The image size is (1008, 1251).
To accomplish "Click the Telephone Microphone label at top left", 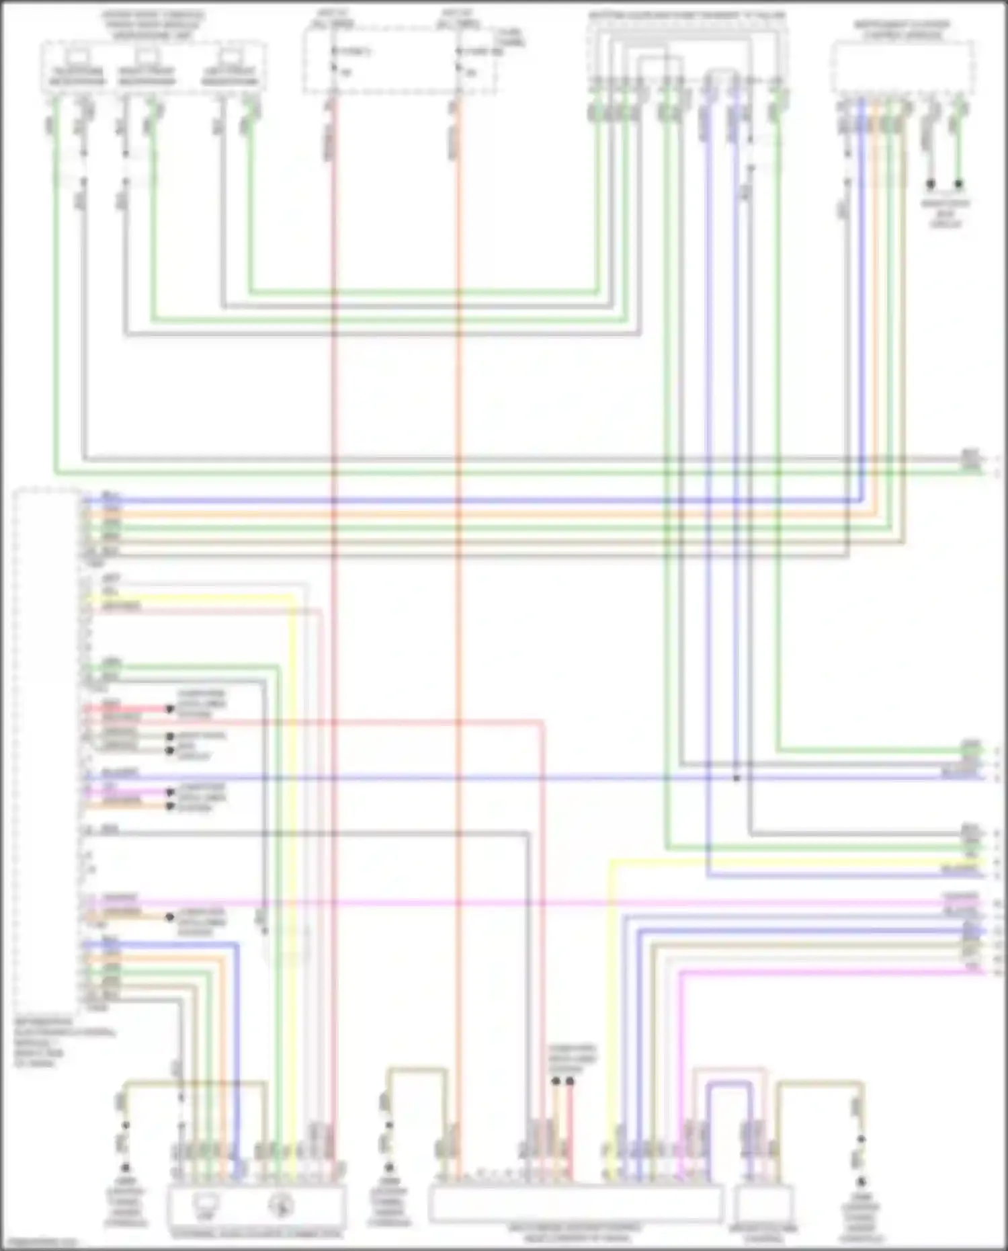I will tap(77, 77).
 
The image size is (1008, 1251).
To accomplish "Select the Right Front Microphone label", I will tap(146, 77).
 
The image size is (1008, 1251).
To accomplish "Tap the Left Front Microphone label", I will tap(230, 77).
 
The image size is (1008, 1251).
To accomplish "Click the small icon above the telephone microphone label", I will tap(79, 56).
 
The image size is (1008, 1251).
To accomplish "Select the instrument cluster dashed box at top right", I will tap(902, 67).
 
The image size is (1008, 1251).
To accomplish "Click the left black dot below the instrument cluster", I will tap(931, 184).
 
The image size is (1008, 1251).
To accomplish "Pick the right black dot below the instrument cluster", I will tap(959, 184).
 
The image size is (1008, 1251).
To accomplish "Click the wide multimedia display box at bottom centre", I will tap(575, 1203).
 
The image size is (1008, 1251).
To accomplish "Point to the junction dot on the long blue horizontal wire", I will tap(737, 778).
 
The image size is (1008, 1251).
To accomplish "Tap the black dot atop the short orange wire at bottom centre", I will tap(556, 1081).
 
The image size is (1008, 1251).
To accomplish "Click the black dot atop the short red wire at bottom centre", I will tap(570, 1081).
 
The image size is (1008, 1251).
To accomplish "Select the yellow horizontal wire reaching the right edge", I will tap(806, 861).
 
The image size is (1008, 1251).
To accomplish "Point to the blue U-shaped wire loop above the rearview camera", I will tap(729, 1102).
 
